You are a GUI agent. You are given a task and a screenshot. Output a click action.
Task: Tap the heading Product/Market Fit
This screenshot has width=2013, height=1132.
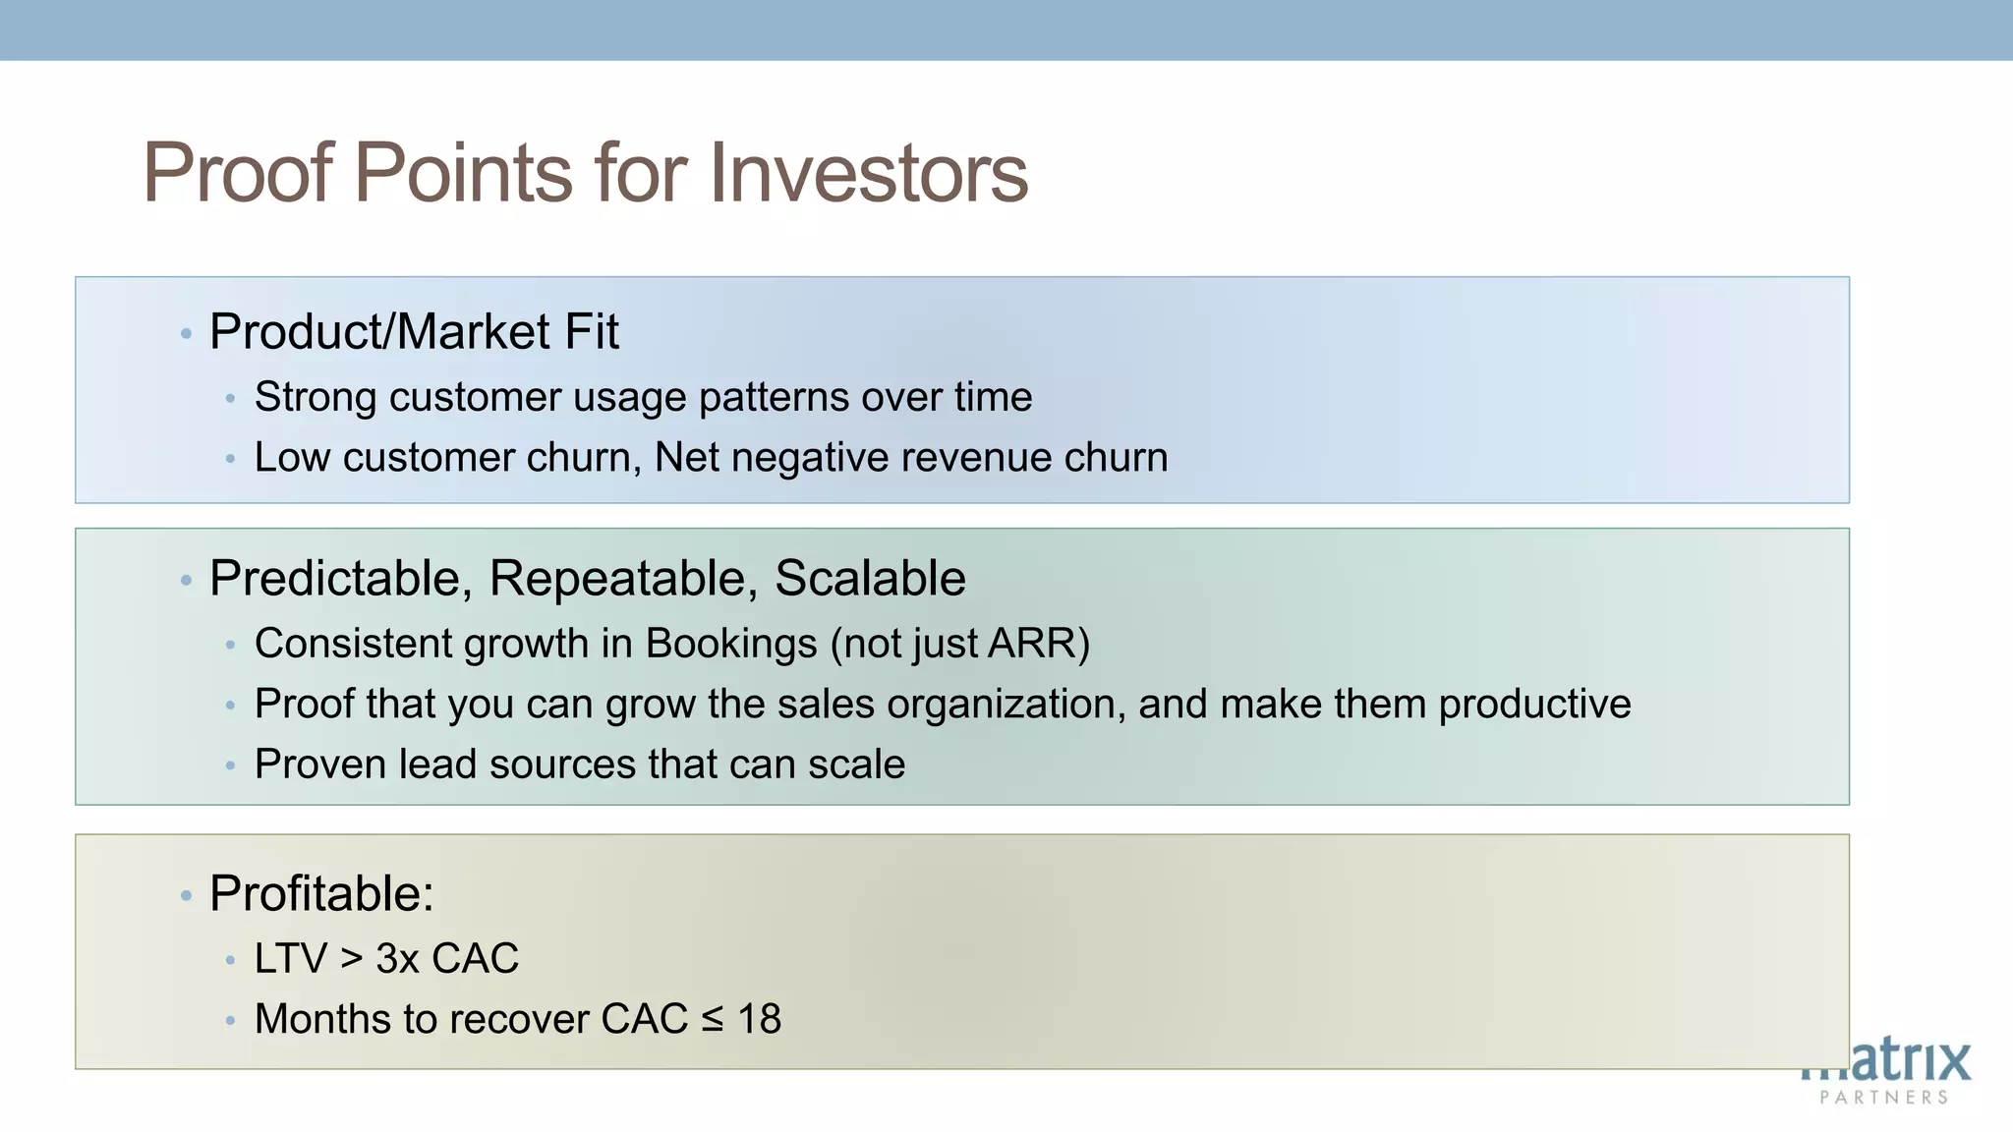point(414,332)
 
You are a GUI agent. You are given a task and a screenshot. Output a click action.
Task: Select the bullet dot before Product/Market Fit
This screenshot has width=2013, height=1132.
point(186,334)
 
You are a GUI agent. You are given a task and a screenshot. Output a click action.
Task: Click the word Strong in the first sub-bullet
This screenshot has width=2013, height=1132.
point(316,397)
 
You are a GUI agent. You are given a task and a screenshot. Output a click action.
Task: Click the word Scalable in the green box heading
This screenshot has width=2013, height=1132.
point(870,578)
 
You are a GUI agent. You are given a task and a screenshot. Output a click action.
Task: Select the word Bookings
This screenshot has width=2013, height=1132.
point(731,644)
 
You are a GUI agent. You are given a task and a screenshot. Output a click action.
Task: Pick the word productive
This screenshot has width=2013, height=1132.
point(1534,704)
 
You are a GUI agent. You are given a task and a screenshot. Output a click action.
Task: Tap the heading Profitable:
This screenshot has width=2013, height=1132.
point(321,894)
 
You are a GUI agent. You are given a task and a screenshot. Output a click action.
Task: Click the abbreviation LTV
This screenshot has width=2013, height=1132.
point(290,958)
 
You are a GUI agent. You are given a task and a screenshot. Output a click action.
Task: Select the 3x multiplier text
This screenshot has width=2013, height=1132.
point(397,958)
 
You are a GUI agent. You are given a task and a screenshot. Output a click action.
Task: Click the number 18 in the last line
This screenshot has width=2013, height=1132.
point(759,1019)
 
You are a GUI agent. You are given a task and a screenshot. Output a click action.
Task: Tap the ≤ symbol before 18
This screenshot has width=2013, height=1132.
point(713,1020)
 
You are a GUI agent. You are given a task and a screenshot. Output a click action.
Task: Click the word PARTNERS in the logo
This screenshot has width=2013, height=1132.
point(1883,1098)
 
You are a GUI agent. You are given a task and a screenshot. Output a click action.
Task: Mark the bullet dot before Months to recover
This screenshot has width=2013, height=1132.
point(230,1021)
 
